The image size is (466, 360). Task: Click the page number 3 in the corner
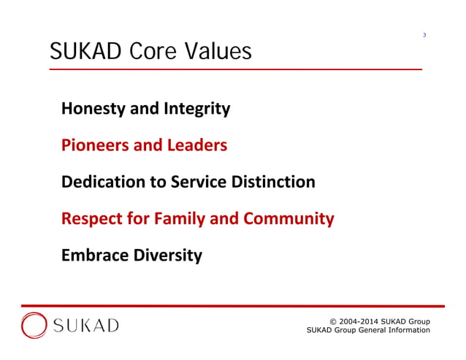[424, 35]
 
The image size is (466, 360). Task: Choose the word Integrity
[196, 110]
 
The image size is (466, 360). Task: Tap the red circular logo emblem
[34, 325]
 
